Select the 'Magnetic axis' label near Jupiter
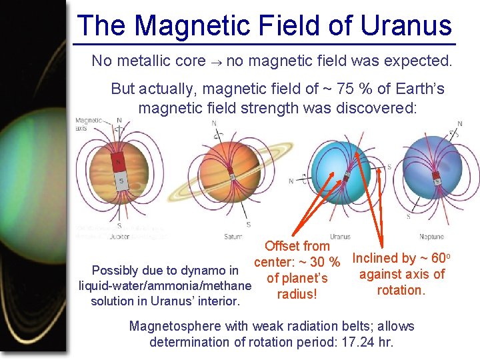pos(89,124)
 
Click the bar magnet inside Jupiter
pos(119,171)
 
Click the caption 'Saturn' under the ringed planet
pos(233,237)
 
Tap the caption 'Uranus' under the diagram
pos(340,237)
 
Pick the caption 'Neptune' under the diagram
pos(431,237)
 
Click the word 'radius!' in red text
pos(297,294)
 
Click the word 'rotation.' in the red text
pos(401,290)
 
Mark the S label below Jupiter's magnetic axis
pos(119,226)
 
